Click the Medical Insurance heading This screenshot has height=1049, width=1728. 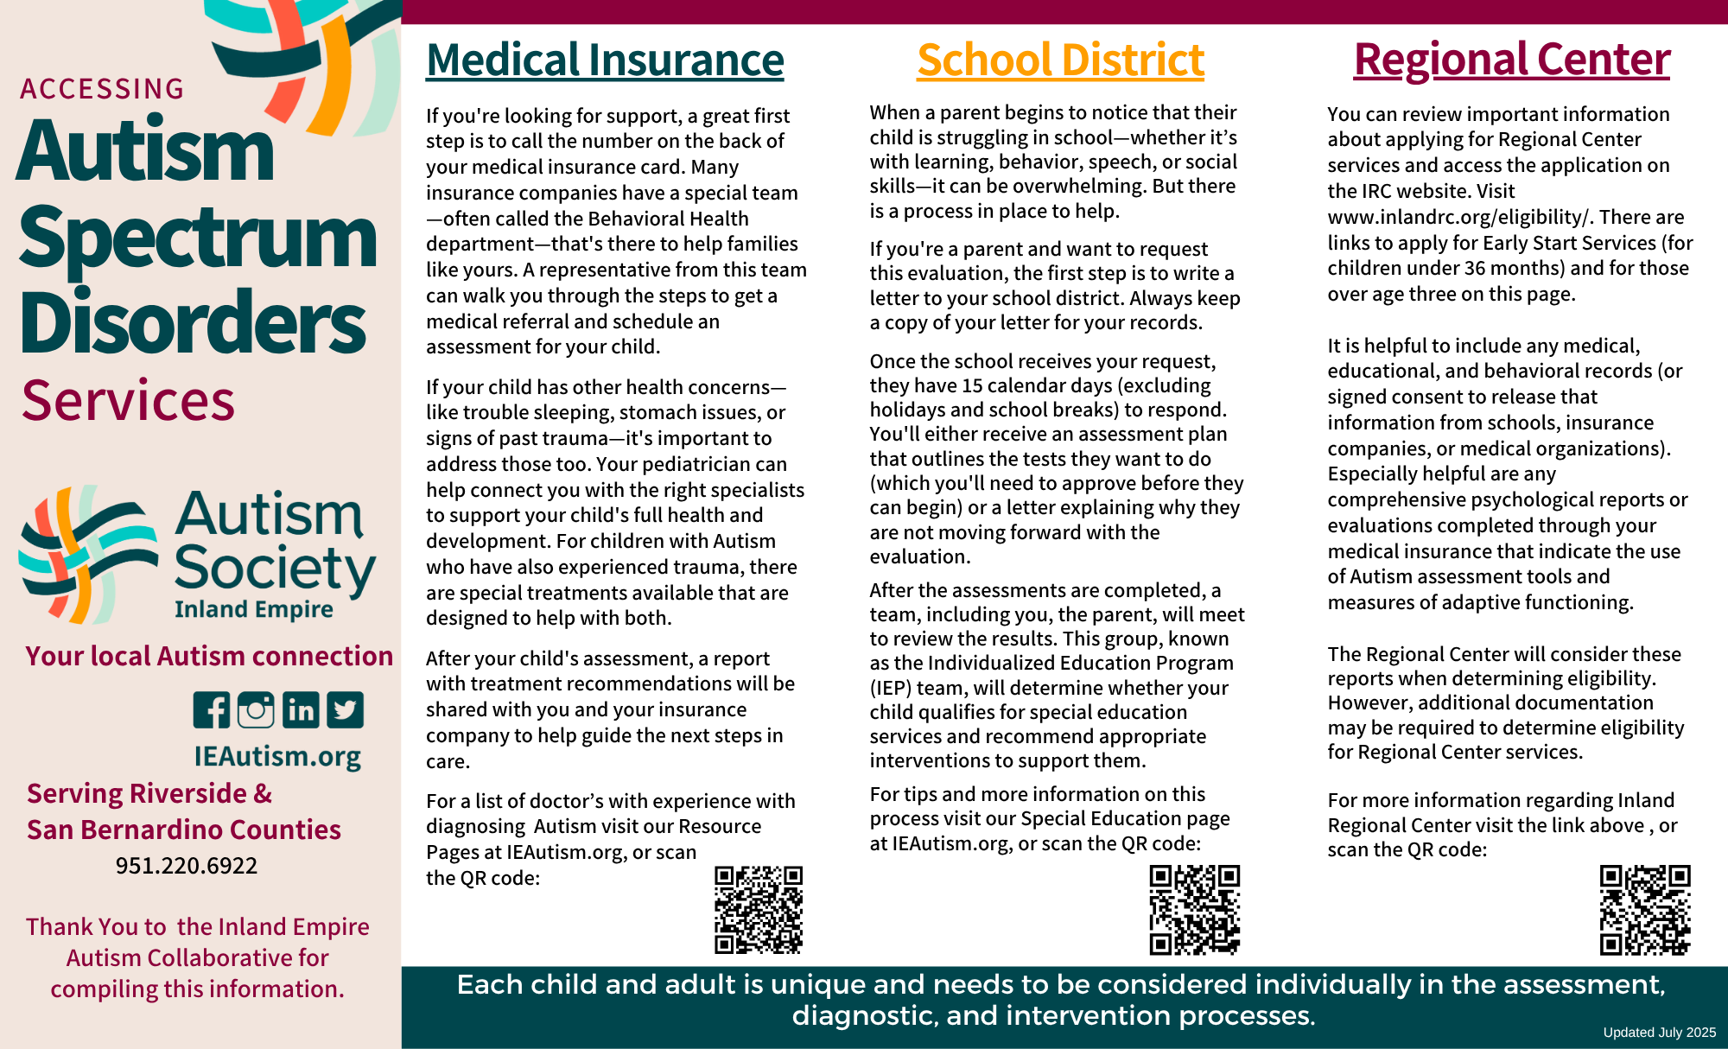[x=605, y=60]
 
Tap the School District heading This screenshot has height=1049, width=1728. [x=1060, y=60]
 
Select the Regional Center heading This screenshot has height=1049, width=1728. [x=1511, y=60]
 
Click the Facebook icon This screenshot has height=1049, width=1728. [x=212, y=710]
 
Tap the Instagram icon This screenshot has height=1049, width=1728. [x=256, y=710]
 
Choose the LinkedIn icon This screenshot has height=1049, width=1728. [x=301, y=710]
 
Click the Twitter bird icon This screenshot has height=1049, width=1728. [x=345, y=710]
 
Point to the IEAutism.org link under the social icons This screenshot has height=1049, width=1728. [x=277, y=756]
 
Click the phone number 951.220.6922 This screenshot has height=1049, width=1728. [x=187, y=866]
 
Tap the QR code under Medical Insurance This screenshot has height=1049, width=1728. [x=759, y=910]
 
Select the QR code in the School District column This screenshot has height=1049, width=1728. [x=1194, y=910]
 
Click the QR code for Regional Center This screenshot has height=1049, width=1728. [x=1645, y=910]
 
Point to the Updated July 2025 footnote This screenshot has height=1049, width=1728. [x=1659, y=1033]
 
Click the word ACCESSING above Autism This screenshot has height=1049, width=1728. [x=102, y=89]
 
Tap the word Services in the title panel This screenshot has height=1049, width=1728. [x=128, y=401]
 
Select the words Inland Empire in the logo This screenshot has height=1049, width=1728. [x=253, y=609]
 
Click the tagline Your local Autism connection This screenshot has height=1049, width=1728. [x=209, y=656]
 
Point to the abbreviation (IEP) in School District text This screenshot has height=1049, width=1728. [x=893, y=688]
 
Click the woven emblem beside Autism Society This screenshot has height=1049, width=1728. [x=88, y=555]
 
